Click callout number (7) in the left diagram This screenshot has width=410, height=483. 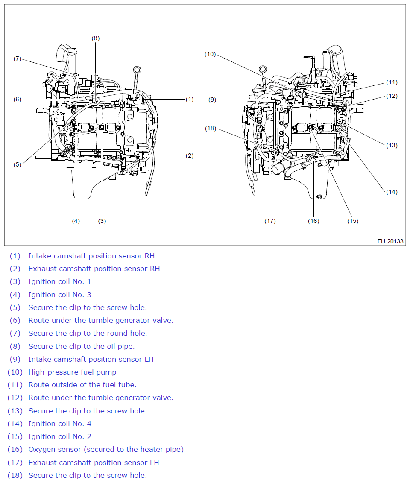pos(17,59)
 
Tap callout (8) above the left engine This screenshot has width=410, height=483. pos(95,38)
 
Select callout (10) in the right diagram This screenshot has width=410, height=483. pos(210,54)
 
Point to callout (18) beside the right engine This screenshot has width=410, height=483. pos(210,128)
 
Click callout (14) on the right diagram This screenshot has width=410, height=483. pos(392,192)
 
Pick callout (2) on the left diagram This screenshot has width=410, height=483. pos(190,155)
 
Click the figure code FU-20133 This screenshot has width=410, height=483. pos(390,241)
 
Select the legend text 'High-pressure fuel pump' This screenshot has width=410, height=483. pos(72,372)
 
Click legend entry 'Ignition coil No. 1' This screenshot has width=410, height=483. pos(59,281)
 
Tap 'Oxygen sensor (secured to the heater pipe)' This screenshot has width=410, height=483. pos(106,449)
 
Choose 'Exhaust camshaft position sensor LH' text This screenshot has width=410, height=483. pos(94,463)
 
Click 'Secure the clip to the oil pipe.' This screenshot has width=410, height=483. pos(81,346)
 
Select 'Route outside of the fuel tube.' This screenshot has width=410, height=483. pos(82,385)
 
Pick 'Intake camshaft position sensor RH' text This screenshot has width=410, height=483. pos(91,256)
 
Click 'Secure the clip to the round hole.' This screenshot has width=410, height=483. pos(88,333)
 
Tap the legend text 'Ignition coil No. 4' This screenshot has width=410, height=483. pos(59,424)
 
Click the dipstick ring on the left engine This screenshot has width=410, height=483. pos(137,70)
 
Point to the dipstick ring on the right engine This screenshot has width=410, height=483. pos(263,69)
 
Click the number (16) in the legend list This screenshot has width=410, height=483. pos(15,449)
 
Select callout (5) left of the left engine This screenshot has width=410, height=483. pos(17,164)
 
